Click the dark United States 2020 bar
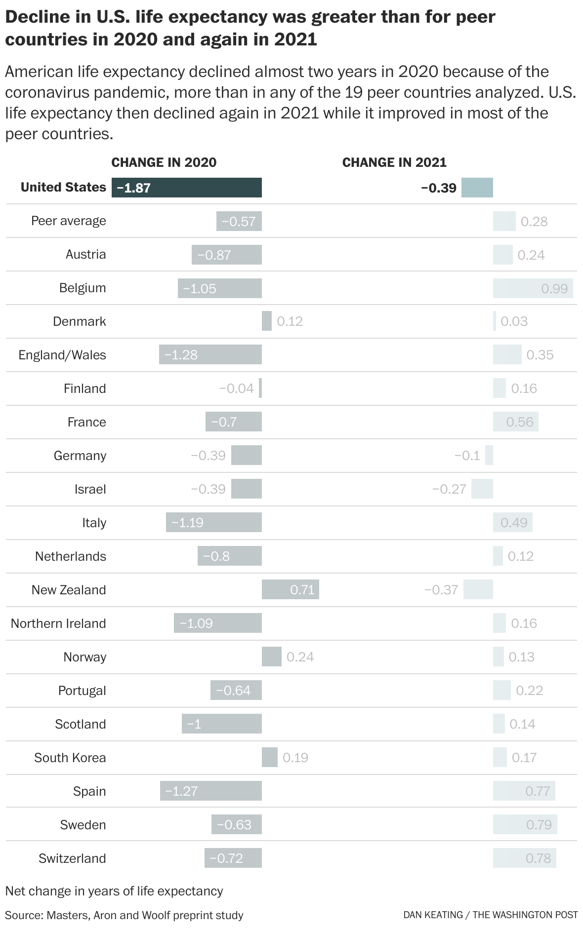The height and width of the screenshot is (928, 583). pyautogui.click(x=187, y=188)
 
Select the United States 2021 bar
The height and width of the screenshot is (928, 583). pyautogui.click(x=477, y=188)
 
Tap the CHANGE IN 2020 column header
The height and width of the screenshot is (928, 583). pyautogui.click(x=164, y=162)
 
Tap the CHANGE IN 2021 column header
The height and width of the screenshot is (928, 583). pyautogui.click(x=394, y=162)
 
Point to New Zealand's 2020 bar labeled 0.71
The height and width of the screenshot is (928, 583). pyautogui.click(x=291, y=589)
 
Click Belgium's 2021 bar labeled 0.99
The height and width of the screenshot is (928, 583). pyautogui.click(x=533, y=288)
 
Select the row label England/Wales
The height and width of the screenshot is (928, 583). pyautogui.click(x=62, y=355)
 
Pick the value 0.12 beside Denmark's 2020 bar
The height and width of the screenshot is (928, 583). pyautogui.click(x=290, y=321)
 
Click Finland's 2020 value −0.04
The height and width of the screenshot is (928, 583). pyautogui.click(x=236, y=388)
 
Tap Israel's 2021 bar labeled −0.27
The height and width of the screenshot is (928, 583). pyautogui.click(x=482, y=489)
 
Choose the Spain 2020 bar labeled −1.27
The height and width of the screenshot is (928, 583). pyautogui.click(x=211, y=791)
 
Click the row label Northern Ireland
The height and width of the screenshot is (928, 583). pyautogui.click(x=58, y=623)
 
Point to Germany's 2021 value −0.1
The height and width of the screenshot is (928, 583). pyautogui.click(x=467, y=456)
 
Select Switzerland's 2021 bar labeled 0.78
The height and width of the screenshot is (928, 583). pyautogui.click(x=524, y=858)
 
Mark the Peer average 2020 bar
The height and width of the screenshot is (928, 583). pyautogui.click(x=239, y=221)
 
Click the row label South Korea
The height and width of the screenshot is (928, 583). pyautogui.click(x=70, y=758)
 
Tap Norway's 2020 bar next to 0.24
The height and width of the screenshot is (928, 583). pyautogui.click(x=271, y=657)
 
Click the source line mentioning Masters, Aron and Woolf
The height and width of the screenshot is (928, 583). pyautogui.click(x=124, y=915)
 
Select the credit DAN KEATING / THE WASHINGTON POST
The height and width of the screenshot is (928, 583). pyautogui.click(x=490, y=915)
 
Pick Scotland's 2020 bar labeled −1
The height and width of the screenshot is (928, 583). pyautogui.click(x=221, y=724)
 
